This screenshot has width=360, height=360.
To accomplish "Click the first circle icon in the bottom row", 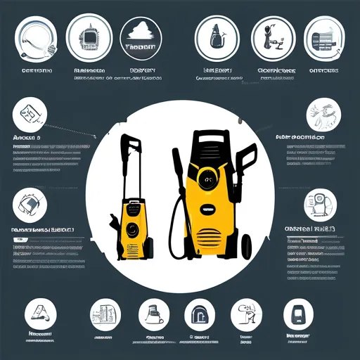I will coord(39,313).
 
